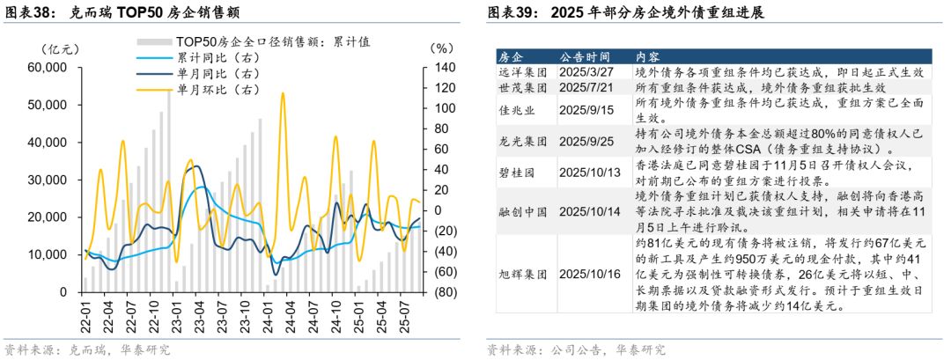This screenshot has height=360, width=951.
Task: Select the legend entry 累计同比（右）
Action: coord(218,58)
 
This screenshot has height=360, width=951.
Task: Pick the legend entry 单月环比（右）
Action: coord(218,90)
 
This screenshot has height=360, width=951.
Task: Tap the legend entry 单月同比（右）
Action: coord(218,74)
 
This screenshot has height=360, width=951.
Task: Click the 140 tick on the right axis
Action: coord(441,68)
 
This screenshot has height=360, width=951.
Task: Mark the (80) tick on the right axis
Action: coord(441,292)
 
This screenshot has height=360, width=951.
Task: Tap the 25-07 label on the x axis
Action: coord(404,312)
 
